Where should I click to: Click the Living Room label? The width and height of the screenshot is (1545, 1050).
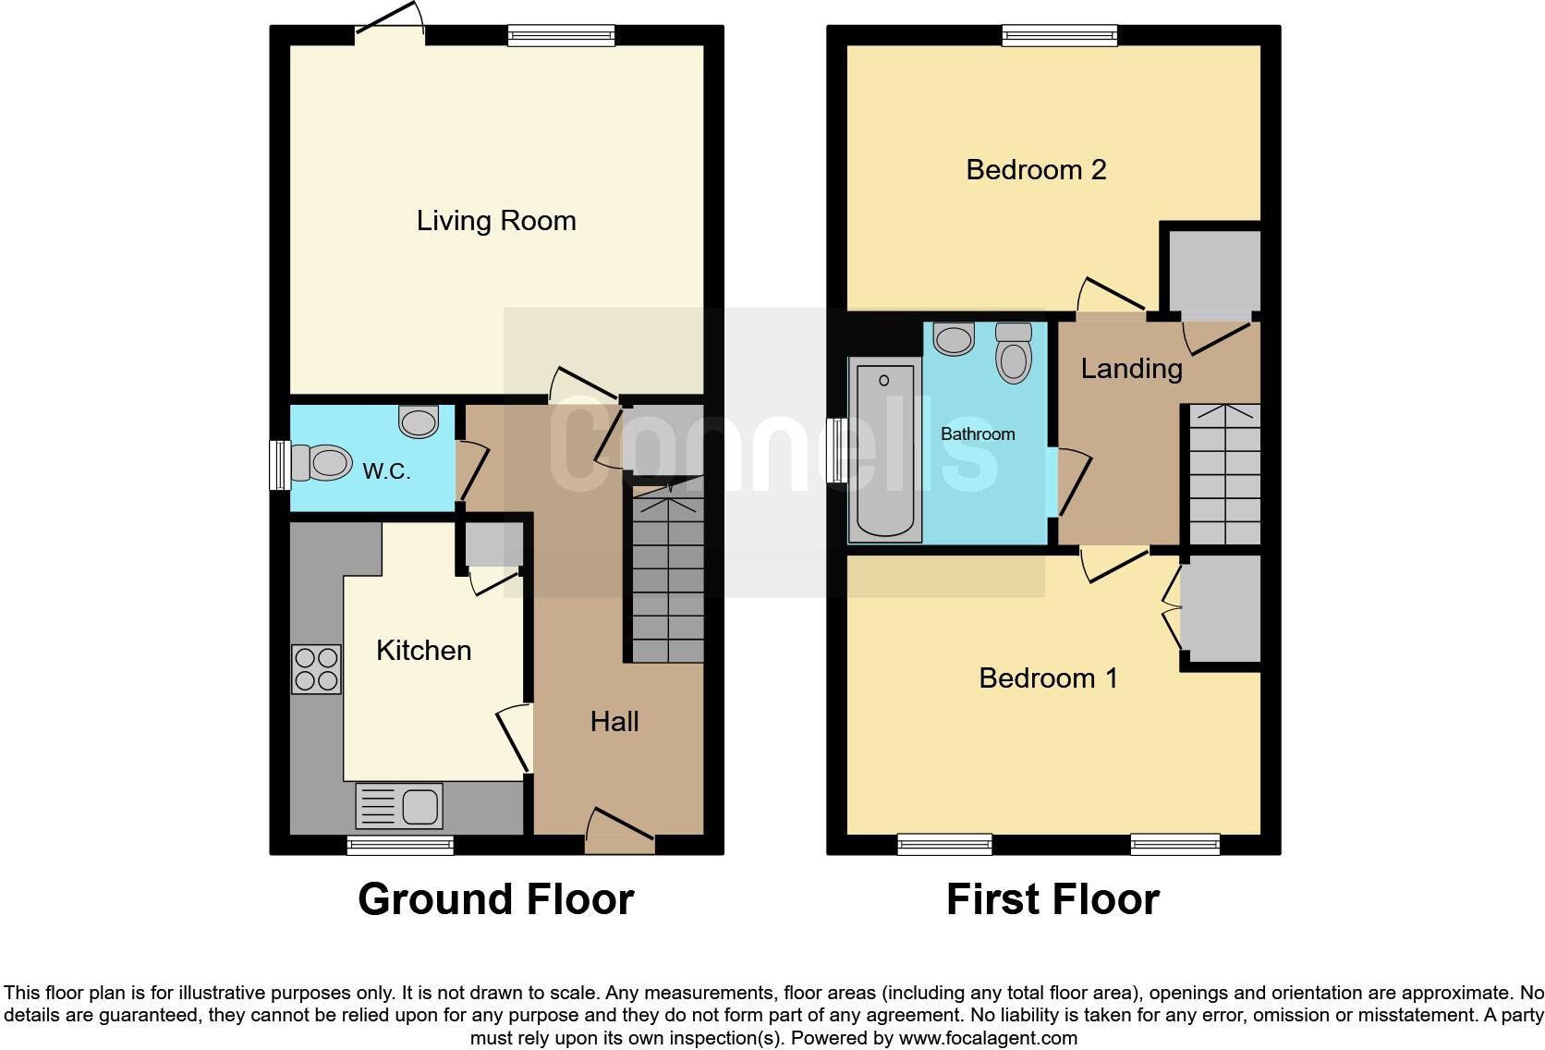[496, 221]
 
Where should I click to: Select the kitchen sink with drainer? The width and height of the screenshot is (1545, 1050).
[399, 806]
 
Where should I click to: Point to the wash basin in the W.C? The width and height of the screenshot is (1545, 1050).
[419, 421]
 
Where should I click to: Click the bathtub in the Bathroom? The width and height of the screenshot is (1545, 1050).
[885, 450]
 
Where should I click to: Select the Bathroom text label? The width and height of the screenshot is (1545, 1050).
[978, 433]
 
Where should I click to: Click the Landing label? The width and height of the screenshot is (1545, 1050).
[1131, 369]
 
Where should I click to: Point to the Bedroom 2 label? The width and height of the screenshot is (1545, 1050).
[1036, 170]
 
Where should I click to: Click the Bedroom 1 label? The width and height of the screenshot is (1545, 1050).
[1048, 678]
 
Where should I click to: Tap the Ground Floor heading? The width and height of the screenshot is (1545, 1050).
[495, 899]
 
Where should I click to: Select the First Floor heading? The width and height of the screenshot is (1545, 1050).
[1052, 899]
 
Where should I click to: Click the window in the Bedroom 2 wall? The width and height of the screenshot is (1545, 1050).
[1060, 36]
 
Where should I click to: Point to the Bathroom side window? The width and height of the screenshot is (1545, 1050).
[837, 450]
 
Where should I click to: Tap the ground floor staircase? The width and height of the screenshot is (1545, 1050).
[667, 578]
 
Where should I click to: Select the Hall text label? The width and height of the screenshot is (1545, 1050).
[614, 722]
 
